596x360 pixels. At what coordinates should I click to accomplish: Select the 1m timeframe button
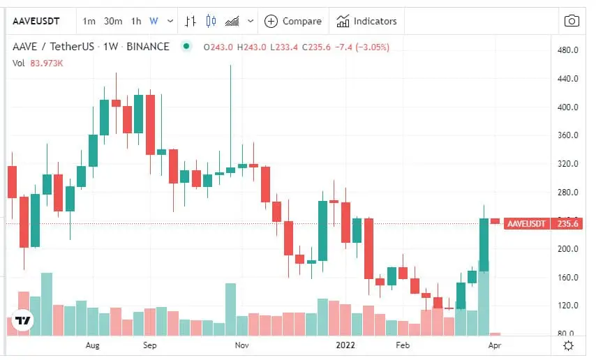pyautogui.click(x=89, y=21)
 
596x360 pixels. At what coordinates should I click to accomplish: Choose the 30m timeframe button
pyautogui.click(x=113, y=21)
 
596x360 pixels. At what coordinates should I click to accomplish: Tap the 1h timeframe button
pyautogui.click(x=136, y=21)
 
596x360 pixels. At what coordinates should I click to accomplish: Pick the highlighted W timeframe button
pyautogui.click(x=154, y=21)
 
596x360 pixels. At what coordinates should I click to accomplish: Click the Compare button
pyautogui.click(x=293, y=21)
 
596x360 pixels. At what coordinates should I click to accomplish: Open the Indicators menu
pyautogui.click(x=367, y=21)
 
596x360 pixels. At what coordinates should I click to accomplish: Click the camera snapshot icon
pyautogui.click(x=572, y=21)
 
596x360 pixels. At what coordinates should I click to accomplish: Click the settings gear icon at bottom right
pyautogui.click(x=569, y=345)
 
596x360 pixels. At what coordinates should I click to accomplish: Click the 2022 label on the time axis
pyautogui.click(x=346, y=345)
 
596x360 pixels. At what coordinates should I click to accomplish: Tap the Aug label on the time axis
pyautogui.click(x=92, y=345)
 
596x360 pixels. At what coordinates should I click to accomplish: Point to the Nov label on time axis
pyautogui.click(x=241, y=345)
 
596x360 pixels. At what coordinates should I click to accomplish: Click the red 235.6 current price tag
pyautogui.click(x=566, y=224)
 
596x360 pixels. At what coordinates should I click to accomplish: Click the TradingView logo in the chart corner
pyautogui.click(x=23, y=320)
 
